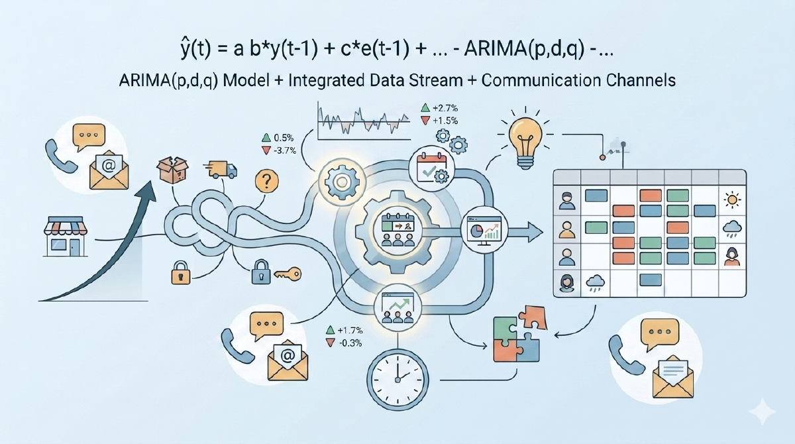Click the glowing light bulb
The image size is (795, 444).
click(x=525, y=141)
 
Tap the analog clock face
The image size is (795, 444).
click(x=397, y=380)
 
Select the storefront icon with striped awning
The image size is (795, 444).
click(x=66, y=237)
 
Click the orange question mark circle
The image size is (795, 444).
click(x=266, y=182)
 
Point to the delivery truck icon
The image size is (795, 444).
click(x=220, y=170)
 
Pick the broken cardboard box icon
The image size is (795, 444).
click(x=172, y=170)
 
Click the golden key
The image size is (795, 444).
click(x=288, y=274)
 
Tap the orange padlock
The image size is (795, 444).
click(x=181, y=272)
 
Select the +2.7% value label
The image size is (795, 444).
click(x=445, y=108)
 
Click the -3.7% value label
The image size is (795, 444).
click(x=284, y=150)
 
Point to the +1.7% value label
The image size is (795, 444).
click(x=350, y=331)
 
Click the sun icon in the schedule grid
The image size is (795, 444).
click(x=732, y=199)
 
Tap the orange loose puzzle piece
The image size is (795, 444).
click(x=533, y=317)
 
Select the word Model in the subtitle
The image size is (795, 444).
click(x=246, y=80)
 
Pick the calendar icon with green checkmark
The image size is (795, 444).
click(x=431, y=168)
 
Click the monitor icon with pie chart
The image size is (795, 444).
click(x=484, y=230)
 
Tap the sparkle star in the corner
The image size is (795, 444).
click(x=763, y=412)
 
